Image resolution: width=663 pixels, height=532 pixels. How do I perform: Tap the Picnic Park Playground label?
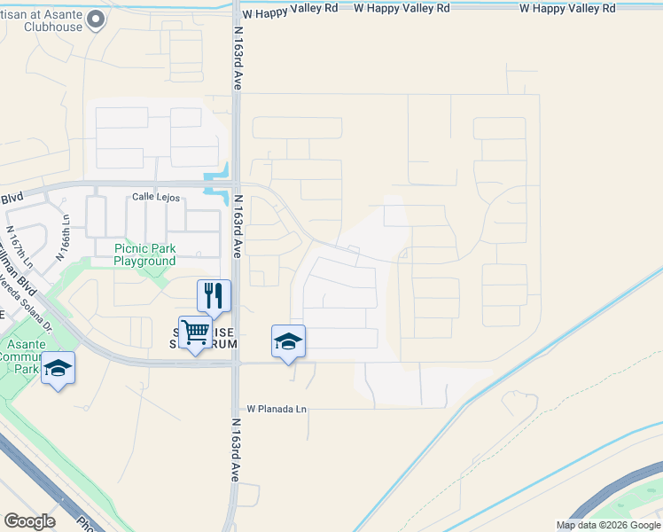pos(144,255)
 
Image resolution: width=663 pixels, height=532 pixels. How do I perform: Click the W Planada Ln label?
pos(276,409)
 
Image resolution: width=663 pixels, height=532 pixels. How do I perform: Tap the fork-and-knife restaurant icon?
pos(213,295)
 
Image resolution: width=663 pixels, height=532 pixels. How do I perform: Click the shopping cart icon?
pos(194,332)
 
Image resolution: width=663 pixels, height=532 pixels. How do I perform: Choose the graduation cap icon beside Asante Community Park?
pos(58,368)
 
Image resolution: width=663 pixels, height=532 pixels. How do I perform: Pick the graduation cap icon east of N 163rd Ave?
pos(288,341)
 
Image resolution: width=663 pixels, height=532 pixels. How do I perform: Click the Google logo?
pos(29,521)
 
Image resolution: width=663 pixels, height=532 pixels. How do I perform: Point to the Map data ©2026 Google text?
pos(608,525)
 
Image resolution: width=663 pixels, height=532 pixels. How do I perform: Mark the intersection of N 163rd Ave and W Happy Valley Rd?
pos(237,8)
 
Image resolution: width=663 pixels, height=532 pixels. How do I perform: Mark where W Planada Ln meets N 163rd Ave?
pos(237,409)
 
